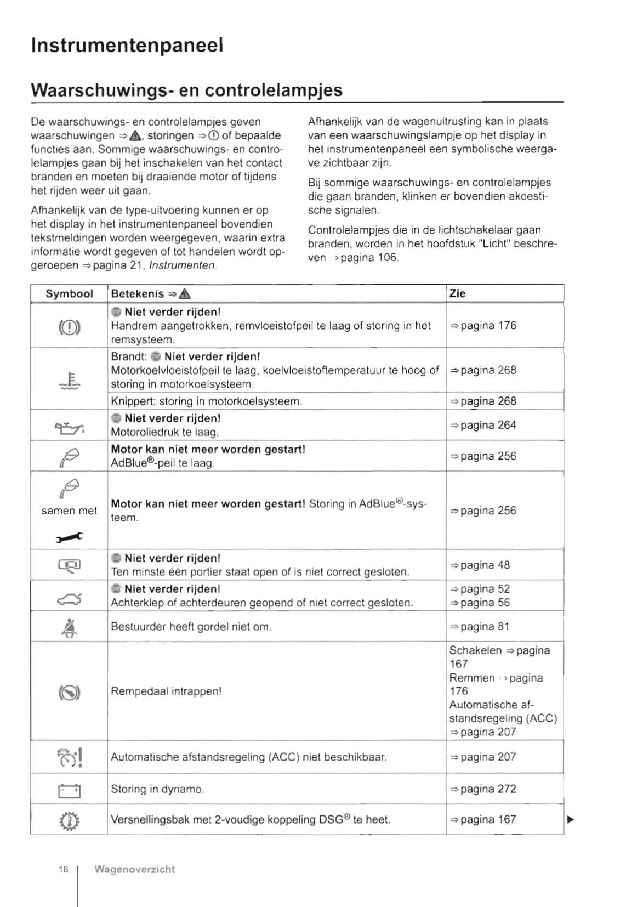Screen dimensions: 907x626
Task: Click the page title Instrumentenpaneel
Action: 127,45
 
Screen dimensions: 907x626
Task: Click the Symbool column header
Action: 69,294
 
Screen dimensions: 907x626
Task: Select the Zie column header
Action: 457,293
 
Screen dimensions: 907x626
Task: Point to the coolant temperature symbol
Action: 70,380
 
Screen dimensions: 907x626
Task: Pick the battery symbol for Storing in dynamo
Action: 69,791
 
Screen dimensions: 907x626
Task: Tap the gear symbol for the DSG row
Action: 69,821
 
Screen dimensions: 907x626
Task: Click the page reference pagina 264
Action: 483,426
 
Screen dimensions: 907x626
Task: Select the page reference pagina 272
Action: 483,789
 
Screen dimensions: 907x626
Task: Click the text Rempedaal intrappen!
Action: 166,691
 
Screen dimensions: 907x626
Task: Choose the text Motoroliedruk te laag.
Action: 165,433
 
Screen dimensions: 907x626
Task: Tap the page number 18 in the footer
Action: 64,869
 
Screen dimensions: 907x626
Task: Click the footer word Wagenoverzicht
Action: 135,869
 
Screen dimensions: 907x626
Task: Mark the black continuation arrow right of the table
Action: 571,820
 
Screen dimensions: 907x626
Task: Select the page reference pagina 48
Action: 480,565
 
